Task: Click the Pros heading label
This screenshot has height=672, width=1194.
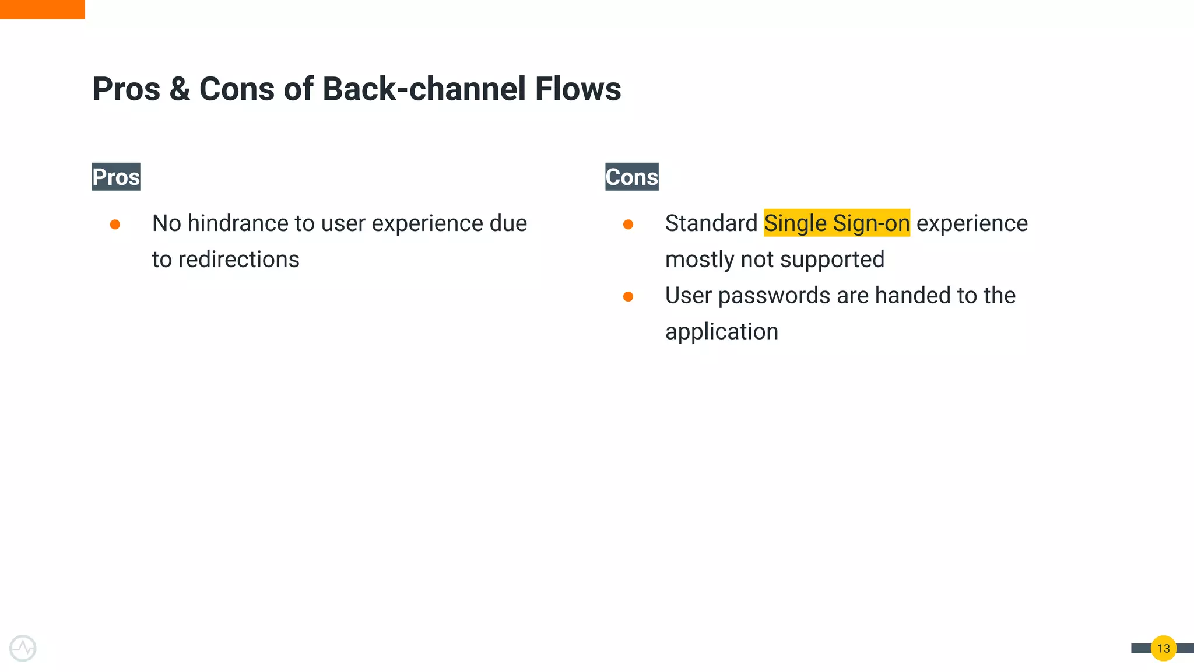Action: point(116,177)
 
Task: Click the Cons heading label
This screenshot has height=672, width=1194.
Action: point(631,177)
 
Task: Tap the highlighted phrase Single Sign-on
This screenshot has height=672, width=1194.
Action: point(837,223)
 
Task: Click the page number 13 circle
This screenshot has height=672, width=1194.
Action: point(1163,648)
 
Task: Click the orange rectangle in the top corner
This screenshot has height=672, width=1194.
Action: point(42,9)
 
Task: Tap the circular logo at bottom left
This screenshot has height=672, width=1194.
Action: point(23,648)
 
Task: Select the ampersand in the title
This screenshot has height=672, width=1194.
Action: point(180,89)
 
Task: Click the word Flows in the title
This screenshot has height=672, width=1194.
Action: point(578,89)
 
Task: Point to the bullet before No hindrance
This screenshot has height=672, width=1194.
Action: point(115,225)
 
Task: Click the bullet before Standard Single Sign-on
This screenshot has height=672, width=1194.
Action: point(628,225)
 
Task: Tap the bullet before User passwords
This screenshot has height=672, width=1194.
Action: point(628,297)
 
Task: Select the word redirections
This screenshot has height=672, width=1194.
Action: point(238,260)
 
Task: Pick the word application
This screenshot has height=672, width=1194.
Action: point(721,332)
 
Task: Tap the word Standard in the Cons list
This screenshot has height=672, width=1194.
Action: point(711,223)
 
